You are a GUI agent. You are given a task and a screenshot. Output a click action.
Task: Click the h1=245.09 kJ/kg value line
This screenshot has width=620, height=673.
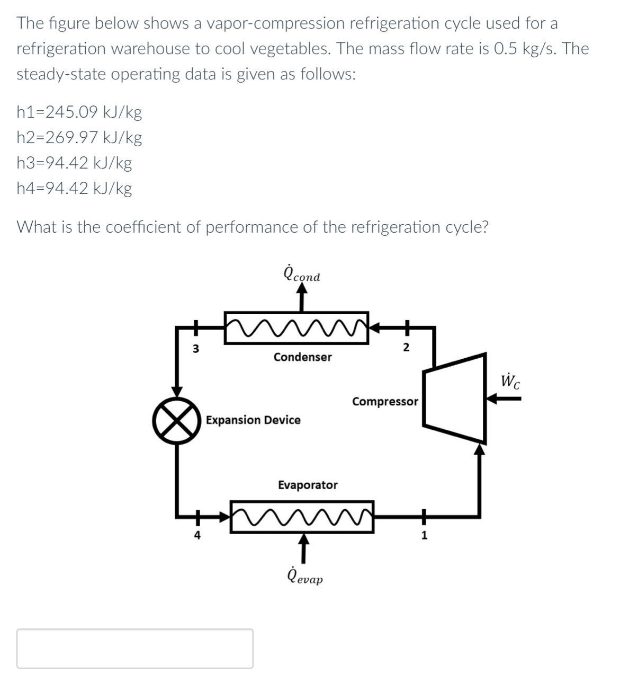point(79,112)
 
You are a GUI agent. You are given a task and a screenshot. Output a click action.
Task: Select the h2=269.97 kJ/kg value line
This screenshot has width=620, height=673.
point(79,138)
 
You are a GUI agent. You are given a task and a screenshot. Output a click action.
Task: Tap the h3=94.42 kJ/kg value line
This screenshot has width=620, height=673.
point(74,163)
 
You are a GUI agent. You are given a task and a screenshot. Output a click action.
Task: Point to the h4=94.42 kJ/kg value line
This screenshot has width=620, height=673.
point(74,189)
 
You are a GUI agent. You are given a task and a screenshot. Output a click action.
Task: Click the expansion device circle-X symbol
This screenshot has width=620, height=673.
point(177,420)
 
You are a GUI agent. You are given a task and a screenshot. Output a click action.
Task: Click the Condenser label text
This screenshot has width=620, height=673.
point(302,357)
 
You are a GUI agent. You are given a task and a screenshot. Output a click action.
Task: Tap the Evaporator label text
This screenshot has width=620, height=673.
point(308,485)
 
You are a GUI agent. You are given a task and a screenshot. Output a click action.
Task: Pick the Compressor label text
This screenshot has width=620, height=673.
point(385,402)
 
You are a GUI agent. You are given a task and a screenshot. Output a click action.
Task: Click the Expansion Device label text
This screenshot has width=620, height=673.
point(253,420)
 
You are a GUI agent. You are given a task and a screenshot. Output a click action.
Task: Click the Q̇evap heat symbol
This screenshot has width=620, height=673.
point(304,576)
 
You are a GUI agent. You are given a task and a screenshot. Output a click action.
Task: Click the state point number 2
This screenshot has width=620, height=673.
point(406,348)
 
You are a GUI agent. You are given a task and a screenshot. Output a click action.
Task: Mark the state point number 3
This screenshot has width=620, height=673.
point(195,349)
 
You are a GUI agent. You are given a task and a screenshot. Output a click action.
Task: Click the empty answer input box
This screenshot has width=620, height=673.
point(134,648)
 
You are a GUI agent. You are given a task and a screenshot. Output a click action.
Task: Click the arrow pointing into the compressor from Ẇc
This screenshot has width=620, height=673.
point(503,400)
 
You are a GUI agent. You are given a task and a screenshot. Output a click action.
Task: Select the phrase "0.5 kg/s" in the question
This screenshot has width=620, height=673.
point(520,49)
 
